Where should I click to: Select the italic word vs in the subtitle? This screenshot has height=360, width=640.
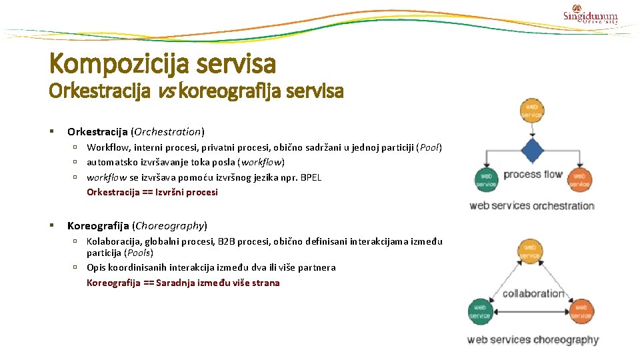coord(167,91)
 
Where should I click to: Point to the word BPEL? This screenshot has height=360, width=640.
coord(311,177)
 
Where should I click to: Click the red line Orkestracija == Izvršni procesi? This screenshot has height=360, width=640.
coord(152,192)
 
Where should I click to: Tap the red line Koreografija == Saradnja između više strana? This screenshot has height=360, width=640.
coord(183,283)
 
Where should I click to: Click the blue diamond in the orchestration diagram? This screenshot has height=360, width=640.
coord(532,151)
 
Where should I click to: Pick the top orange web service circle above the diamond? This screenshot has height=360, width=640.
coord(532,111)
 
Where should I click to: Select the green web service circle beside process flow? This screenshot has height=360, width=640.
coord(486,179)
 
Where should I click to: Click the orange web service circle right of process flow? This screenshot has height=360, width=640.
coord(579,179)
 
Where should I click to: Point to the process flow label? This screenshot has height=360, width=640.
coord(533,175)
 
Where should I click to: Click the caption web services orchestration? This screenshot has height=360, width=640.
coord(531,205)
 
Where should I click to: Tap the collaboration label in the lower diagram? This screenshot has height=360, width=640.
coord(533,293)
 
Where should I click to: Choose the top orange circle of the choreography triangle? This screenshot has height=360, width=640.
coord(530,251)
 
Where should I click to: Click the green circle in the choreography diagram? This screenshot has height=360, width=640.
coord(481,311)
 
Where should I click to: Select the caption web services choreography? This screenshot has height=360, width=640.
coord(533,340)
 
